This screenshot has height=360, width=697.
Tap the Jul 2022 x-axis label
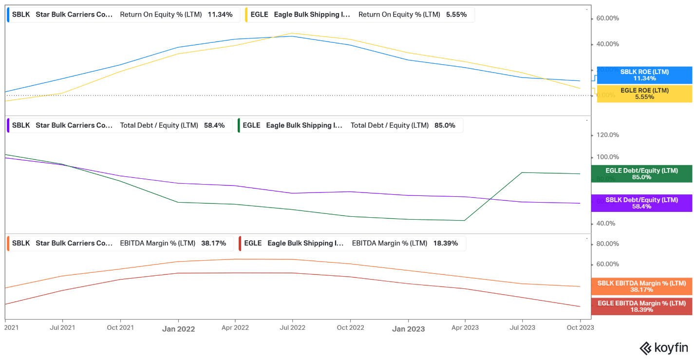click(293, 327)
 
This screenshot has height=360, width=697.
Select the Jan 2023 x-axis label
click(408, 329)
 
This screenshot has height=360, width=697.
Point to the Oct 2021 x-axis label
click(120, 327)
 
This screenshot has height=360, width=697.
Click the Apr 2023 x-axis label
click(465, 327)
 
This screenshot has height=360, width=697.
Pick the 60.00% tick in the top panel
click(607, 18)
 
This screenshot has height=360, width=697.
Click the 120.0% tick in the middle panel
click(607, 135)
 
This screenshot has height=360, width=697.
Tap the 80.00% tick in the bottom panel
click(607, 244)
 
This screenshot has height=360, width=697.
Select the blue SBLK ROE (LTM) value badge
click(644, 75)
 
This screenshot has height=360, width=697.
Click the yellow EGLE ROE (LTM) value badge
click(644, 94)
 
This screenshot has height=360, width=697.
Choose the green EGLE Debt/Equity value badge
click(641, 174)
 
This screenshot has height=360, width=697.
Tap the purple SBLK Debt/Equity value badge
click(641, 203)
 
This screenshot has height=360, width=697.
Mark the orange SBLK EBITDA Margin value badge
click(641, 286)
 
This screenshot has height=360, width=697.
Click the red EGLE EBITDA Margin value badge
click(641, 306)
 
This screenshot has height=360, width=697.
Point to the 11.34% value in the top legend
click(220, 15)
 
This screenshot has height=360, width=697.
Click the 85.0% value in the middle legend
click(445, 125)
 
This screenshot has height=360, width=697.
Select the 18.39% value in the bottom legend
click(446, 243)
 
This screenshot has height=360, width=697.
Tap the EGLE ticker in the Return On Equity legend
click(259, 15)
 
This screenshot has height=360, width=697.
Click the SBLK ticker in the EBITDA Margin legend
click(21, 243)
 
